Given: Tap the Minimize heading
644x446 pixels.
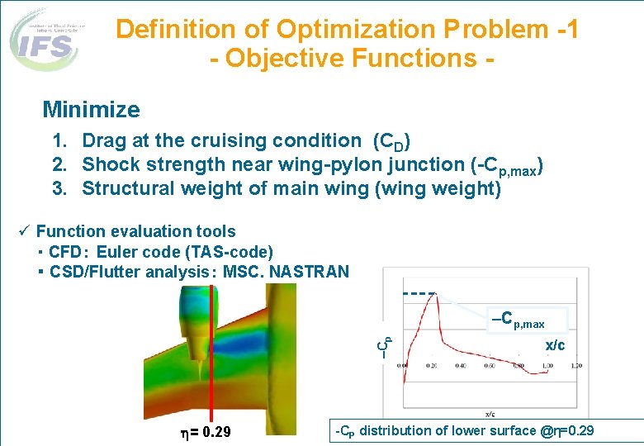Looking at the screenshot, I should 91,109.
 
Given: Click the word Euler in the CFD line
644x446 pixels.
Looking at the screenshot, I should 118,252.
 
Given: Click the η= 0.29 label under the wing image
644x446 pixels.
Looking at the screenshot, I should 205,433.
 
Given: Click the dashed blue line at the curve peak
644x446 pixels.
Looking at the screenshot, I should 419,292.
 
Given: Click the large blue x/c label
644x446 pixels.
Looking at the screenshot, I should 555,345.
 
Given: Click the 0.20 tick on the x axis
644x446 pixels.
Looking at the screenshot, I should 432,365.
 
